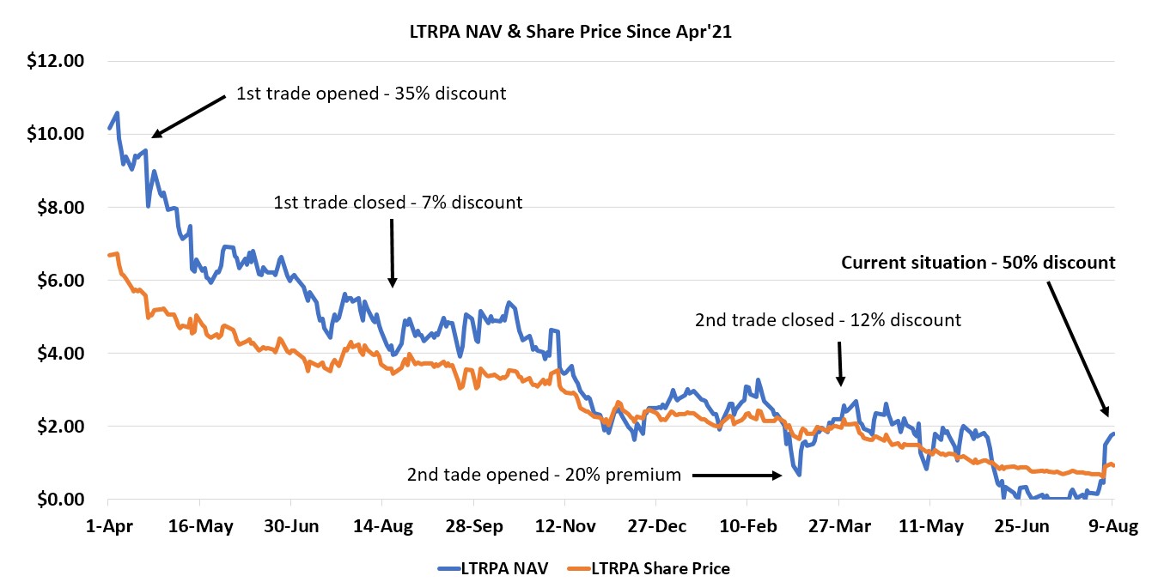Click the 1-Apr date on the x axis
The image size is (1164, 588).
coord(108,526)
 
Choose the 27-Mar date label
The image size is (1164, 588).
coord(838,526)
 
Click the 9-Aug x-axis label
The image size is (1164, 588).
coord(1112,526)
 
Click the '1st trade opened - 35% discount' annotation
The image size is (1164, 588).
coord(371,94)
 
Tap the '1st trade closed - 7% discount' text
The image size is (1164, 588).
coord(397,203)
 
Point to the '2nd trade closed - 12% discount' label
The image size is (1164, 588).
coord(827,320)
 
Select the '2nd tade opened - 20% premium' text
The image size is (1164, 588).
coord(544,475)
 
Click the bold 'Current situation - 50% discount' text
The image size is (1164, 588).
coord(978,263)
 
